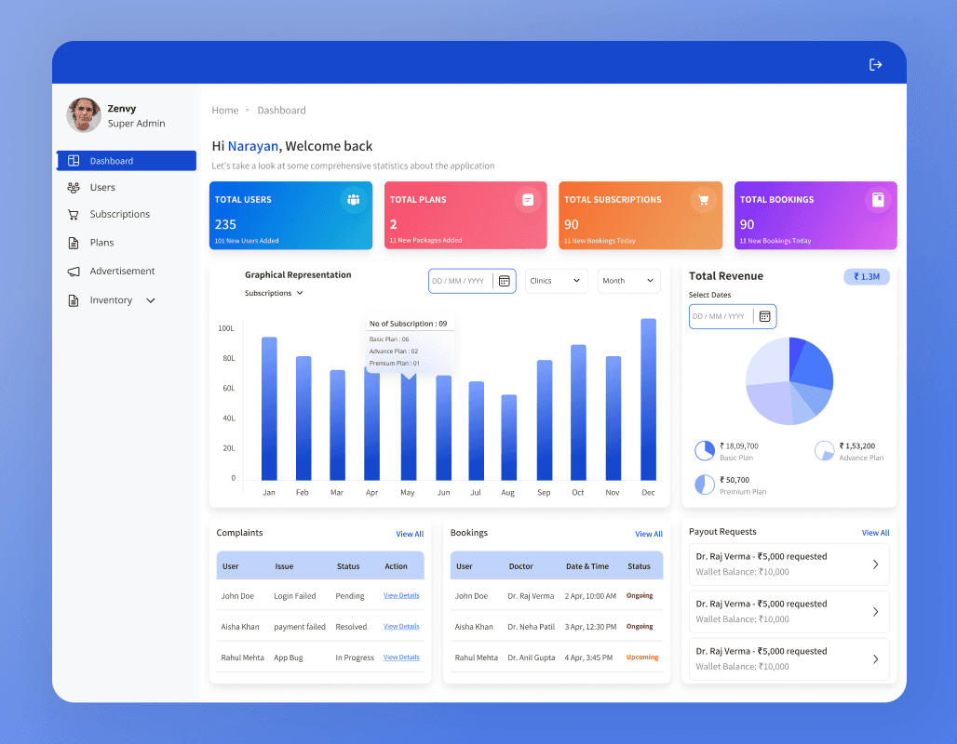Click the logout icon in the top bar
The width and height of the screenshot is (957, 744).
875,65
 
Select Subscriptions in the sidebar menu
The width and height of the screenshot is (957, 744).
119,214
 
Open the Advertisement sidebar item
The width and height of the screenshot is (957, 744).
122,271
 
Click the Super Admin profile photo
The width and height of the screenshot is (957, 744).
84,114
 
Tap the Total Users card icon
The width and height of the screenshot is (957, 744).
354,199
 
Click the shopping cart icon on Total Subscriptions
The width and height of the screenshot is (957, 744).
703,199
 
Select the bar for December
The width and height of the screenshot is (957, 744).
648,400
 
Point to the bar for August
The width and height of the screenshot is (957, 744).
509,437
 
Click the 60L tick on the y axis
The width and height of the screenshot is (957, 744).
229,388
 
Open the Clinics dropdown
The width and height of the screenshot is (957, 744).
556,281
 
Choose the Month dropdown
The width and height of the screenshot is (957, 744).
628,281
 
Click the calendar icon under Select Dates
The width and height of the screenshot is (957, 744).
764,316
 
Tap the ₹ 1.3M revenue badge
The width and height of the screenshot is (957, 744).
867,277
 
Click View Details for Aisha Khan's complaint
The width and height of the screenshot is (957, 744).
401,626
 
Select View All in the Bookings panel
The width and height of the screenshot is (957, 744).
649,534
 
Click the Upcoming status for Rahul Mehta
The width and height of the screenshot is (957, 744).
642,657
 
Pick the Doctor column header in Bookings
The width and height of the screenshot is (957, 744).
520,566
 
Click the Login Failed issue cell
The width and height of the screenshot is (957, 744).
295,596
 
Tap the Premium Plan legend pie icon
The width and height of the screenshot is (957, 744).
705,485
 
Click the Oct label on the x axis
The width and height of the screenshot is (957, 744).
577,492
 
